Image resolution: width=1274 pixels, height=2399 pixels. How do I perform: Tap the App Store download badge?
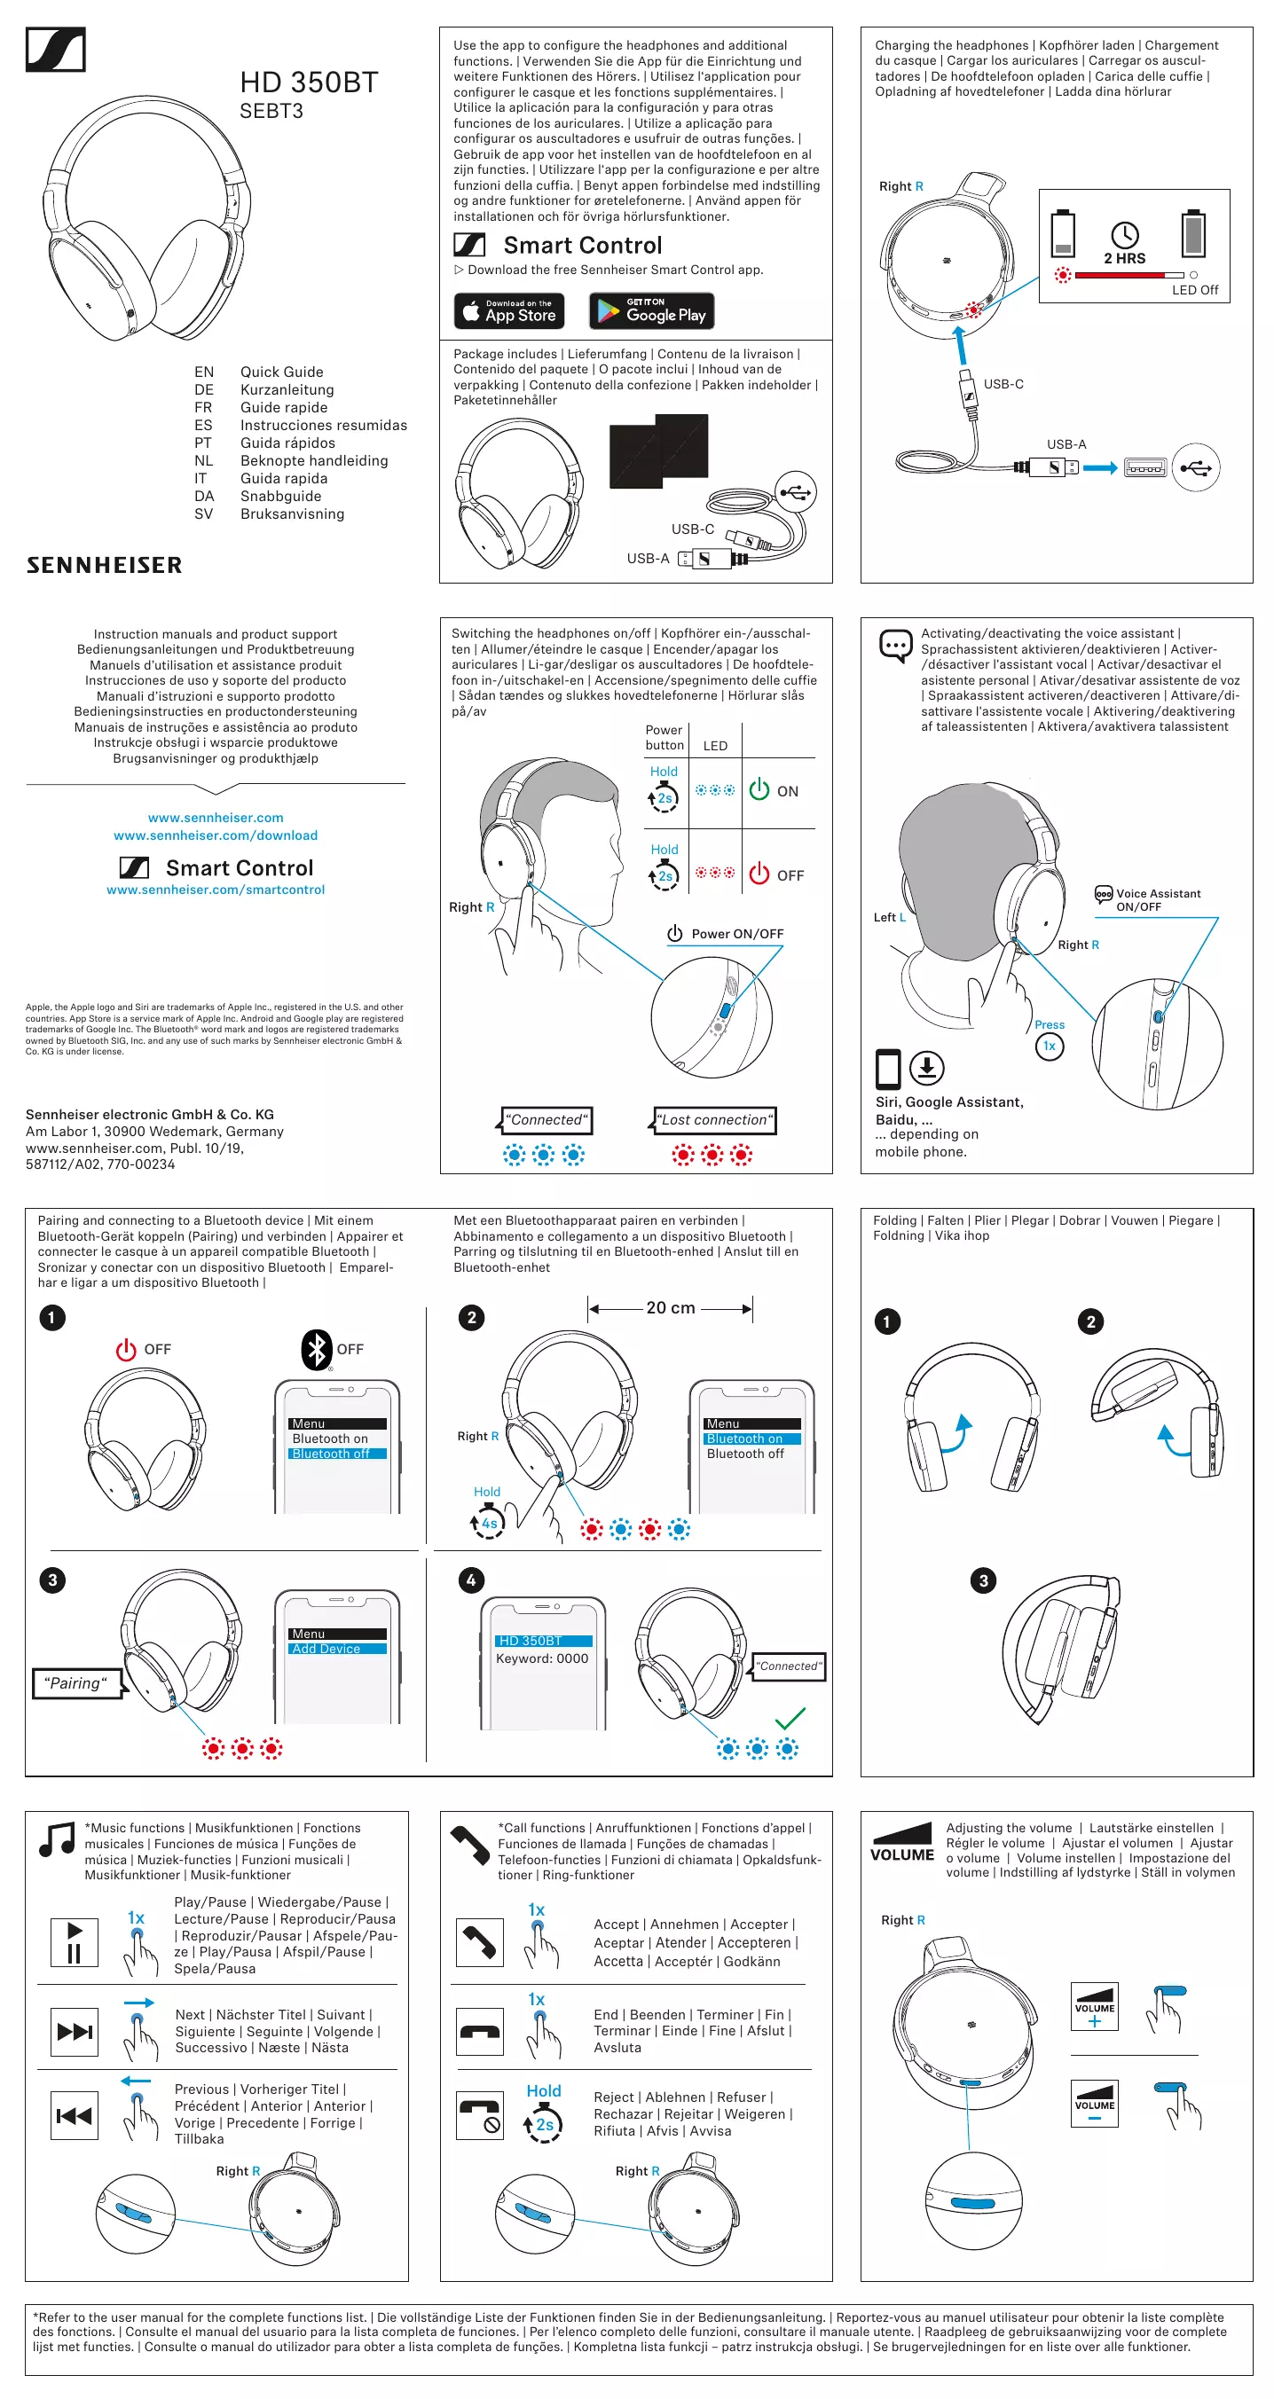tap(509, 311)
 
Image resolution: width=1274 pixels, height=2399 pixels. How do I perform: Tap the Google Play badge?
tap(651, 311)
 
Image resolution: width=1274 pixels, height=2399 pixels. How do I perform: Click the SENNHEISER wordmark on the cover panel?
tap(105, 565)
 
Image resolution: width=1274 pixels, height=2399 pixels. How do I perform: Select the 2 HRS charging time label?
tap(1124, 258)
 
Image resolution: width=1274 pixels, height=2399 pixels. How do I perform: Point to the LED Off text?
tap(1195, 290)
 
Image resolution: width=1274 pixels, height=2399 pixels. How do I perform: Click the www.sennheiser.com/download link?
tap(215, 835)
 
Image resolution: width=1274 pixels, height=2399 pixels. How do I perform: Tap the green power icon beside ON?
tap(759, 789)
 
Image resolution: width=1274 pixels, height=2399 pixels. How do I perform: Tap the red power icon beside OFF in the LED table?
tap(759, 874)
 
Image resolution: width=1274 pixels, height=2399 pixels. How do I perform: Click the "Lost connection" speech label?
tap(715, 1119)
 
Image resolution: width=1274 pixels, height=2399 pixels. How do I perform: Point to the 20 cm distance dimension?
tap(671, 1307)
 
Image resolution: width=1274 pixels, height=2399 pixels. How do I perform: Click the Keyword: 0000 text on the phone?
tap(542, 1658)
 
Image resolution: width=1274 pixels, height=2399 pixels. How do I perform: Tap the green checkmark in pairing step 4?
tap(790, 1717)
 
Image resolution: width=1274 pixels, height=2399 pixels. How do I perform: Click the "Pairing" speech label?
tap(76, 1682)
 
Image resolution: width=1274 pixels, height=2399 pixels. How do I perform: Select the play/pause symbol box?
tap(75, 1940)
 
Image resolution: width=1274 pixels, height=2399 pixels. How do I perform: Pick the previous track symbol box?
tap(75, 2117)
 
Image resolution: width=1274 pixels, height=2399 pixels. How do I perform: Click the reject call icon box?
tap(480, 2116)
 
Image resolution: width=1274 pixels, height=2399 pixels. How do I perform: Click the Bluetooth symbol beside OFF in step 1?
tap(317, 1349)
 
